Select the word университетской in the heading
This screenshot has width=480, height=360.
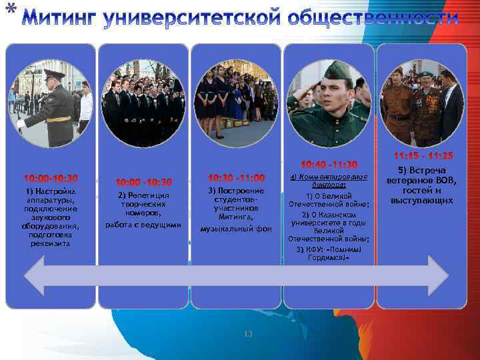[190, 18]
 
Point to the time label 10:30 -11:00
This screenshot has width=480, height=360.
[236, 178]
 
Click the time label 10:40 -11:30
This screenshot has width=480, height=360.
[329, 165]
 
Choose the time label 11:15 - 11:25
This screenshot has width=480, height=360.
[423, 156]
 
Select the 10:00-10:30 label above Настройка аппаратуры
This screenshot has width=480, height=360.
[51, 179]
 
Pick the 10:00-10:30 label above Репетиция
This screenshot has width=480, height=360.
[143, 182]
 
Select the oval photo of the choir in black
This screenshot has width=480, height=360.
[143, 103]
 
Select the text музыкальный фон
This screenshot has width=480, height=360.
[236, 228]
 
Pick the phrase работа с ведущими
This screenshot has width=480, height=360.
[143, 225]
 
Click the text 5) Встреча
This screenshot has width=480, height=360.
[423, 171]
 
